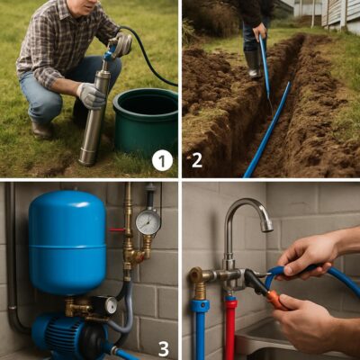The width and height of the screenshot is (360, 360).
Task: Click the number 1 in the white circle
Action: (x=162, y=161)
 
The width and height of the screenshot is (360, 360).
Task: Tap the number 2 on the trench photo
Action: (x=197, y=160)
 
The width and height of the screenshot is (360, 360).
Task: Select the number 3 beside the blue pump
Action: (x=164, y=348)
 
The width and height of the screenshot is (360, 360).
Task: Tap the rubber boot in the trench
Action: (x=254, y=64)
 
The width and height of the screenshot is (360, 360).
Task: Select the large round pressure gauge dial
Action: (x=148, y=222)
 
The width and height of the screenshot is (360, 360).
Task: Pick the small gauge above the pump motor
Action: (x=110, y=305)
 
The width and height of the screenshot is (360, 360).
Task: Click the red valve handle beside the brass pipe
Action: (x=117, y=229)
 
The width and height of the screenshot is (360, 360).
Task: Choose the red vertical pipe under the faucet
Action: (x=230, y=326)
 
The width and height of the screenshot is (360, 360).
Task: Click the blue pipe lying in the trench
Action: (x=268, y=129)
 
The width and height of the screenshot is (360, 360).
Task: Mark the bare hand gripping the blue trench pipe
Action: (x=259, y=31)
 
